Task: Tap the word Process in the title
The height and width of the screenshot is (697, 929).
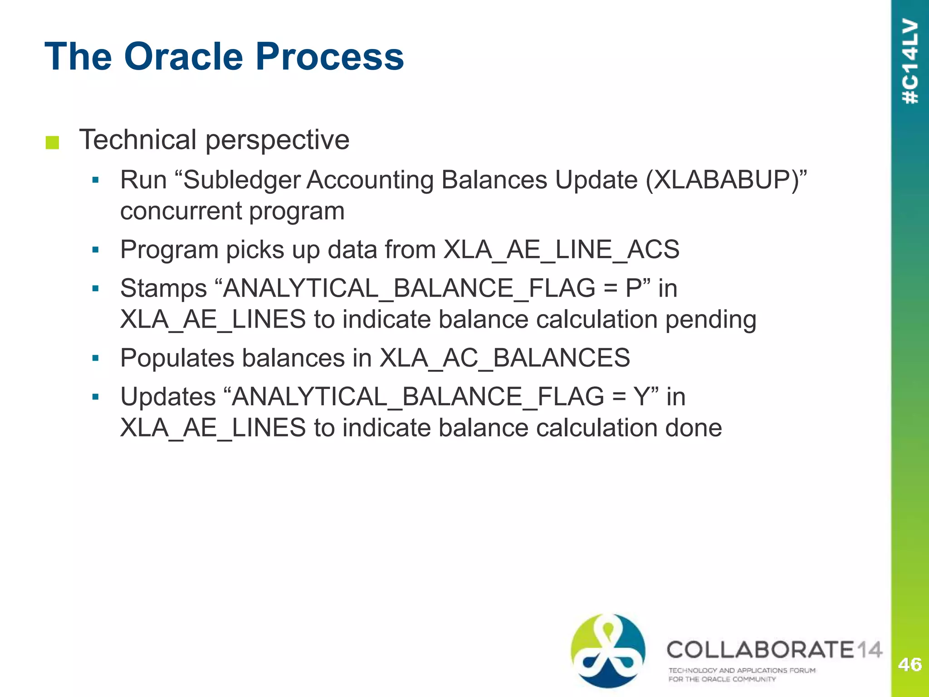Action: coord(329,57)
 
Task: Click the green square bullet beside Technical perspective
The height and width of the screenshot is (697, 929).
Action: coord(53,142)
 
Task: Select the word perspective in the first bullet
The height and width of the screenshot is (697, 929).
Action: coord(277,140)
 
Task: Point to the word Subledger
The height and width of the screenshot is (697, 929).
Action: coord(242,180)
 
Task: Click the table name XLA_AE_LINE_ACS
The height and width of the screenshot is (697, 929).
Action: coord(561,250)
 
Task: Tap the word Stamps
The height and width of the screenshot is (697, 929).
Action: coord(163,289)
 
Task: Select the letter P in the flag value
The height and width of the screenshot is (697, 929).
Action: coord(633,288)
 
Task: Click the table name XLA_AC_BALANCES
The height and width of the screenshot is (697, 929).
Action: coord(504,358)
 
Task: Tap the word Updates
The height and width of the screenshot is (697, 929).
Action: coord(168,397)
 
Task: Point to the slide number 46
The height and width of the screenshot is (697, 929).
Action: coord(909,665)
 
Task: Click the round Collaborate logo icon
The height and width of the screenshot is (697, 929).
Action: coord(608,650)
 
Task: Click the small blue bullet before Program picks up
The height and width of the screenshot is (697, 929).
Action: coord(95,250)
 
